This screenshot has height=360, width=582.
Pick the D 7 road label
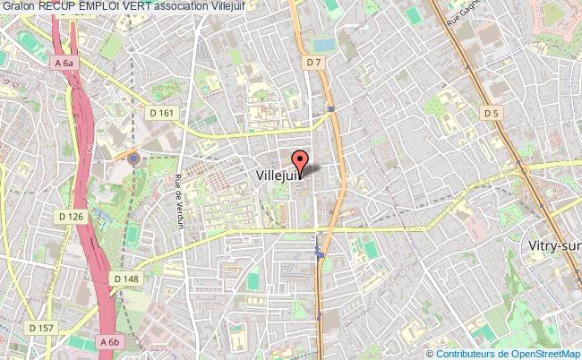[x=312, y=62]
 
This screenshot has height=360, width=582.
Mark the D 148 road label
[x=126, y=279]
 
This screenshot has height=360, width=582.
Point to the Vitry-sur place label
[x=552, y=244]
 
